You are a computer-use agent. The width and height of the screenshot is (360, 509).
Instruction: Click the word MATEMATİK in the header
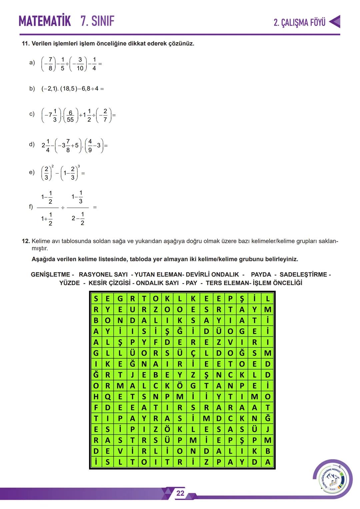45,21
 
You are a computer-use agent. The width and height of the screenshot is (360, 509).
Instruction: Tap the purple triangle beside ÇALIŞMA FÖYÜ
335,22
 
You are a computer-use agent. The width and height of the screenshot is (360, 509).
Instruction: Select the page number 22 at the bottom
180,493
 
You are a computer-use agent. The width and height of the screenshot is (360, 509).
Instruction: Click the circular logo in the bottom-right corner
332,479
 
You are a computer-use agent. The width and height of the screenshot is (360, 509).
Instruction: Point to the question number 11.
25,44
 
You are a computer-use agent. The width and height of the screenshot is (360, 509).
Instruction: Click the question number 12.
26,241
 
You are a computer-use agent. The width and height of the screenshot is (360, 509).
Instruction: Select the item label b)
32,89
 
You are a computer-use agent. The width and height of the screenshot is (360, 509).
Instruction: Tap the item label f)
31,207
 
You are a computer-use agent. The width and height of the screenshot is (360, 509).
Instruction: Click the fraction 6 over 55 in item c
70,116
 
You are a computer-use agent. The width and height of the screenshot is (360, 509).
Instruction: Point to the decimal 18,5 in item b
68,89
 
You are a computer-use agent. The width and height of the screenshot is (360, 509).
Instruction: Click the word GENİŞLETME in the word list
51,275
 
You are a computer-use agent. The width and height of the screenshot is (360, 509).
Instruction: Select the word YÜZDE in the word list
70,283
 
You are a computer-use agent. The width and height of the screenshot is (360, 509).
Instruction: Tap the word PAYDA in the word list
261,275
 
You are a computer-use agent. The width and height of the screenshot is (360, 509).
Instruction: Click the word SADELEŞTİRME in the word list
303,275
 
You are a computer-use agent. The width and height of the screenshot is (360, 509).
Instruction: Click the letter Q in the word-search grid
108,397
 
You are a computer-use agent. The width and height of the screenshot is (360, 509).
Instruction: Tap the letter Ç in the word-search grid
193,353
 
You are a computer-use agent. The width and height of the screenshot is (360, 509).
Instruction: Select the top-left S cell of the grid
96,298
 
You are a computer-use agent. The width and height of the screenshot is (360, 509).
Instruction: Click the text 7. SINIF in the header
97,21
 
